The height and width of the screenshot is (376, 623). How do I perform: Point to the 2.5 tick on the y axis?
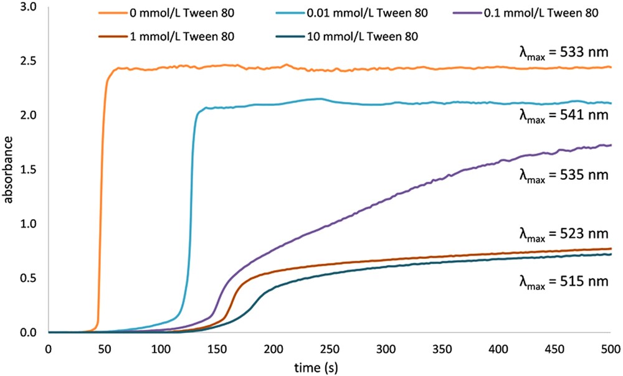[x=30, y=62]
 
